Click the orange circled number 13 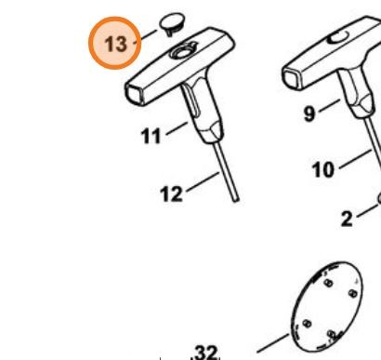(115, 43)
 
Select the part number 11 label (151, 136)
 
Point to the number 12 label (171, 193)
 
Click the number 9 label (309, 113)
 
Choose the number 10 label (323, 169)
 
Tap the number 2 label (347, 219)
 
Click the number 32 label (206, 353)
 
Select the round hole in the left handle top (183, 52)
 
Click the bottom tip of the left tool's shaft (236, 199)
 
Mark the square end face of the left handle (135, 94)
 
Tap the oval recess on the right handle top (338, 38)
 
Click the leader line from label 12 (203, 181)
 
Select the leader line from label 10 (355, 159)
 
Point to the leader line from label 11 (177, 128)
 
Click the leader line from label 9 (329, 105)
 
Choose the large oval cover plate (327, 306)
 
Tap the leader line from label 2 (367, 210)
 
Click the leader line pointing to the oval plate (273, 343)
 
